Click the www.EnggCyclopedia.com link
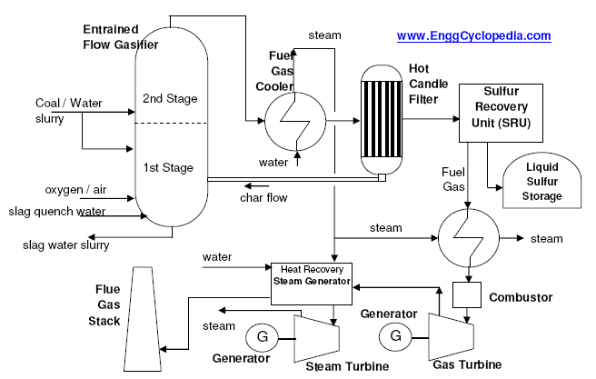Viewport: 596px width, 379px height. pyautogui.click(x=473, y=36)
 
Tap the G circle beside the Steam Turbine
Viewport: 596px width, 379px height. pyautogui.click(x=263, y=337)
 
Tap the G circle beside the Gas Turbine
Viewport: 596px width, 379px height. pyautogui.click(x=396, y=335)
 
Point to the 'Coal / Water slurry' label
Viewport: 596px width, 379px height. pyautogui.click(x=69, y=110)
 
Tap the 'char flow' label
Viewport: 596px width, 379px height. pyautogui.click(x=264, y=197)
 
